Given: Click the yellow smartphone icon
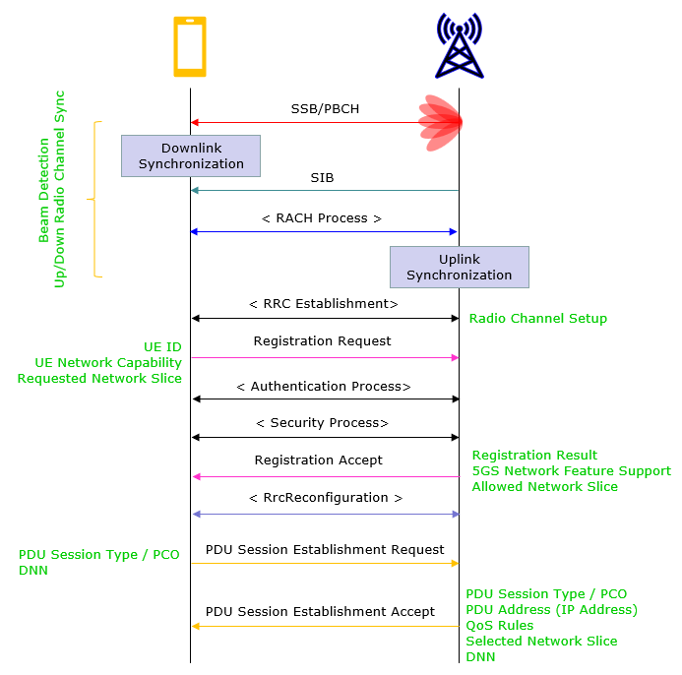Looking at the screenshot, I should (190, 46).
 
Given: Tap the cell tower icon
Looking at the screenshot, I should (459, 46).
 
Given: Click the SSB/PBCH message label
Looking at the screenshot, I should (325, 108).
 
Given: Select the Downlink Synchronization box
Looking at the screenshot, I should (191, 155).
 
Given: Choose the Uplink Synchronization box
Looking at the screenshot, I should (459, 267).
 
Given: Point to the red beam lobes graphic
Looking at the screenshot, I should (441, 122).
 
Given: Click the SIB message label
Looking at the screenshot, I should (322, 178).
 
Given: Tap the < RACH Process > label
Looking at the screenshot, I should (322, 218).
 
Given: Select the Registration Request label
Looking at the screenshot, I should (322, 341).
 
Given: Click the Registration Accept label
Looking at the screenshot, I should (318, 460).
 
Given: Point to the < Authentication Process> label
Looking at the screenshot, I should (324, 387).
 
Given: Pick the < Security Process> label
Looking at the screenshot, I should (322, 423).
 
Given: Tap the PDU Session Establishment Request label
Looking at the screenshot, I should (325, 550).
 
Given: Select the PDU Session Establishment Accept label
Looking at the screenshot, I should (320, 612).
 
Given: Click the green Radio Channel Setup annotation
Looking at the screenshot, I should (537, 319).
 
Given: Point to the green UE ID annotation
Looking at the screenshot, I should (162, 347).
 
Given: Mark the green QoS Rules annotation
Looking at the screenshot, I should (500, 626).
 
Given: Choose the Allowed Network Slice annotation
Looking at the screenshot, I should (544, 487).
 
